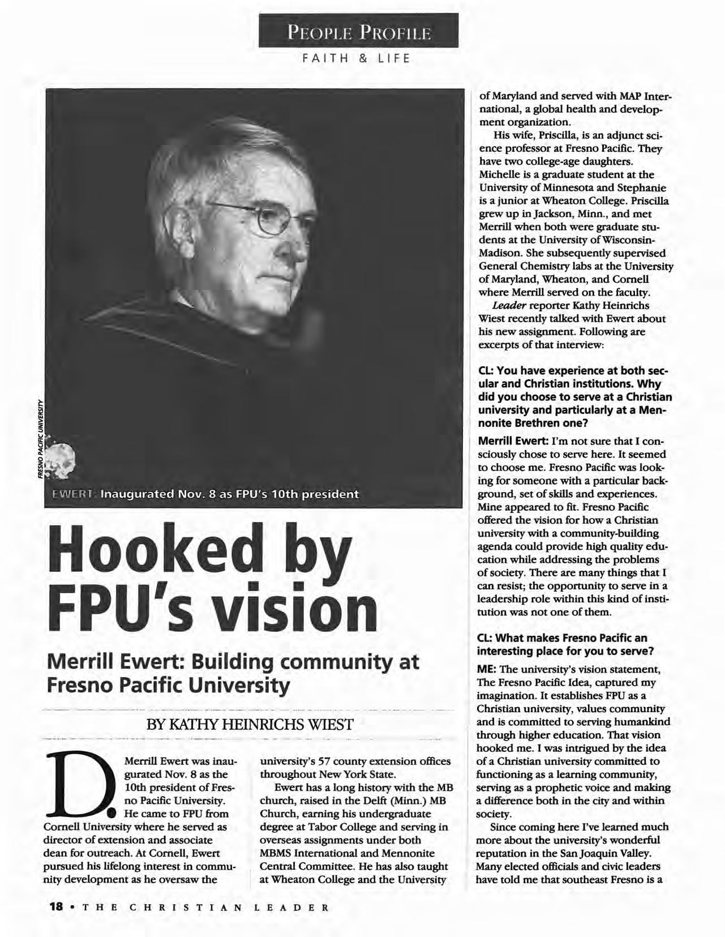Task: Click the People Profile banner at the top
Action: click(358, 31)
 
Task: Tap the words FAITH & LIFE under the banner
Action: click(358, 58)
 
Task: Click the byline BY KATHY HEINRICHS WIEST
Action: click(250, 724)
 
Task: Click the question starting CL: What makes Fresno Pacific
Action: click(563, 645)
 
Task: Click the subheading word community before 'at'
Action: click(341, 662)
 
